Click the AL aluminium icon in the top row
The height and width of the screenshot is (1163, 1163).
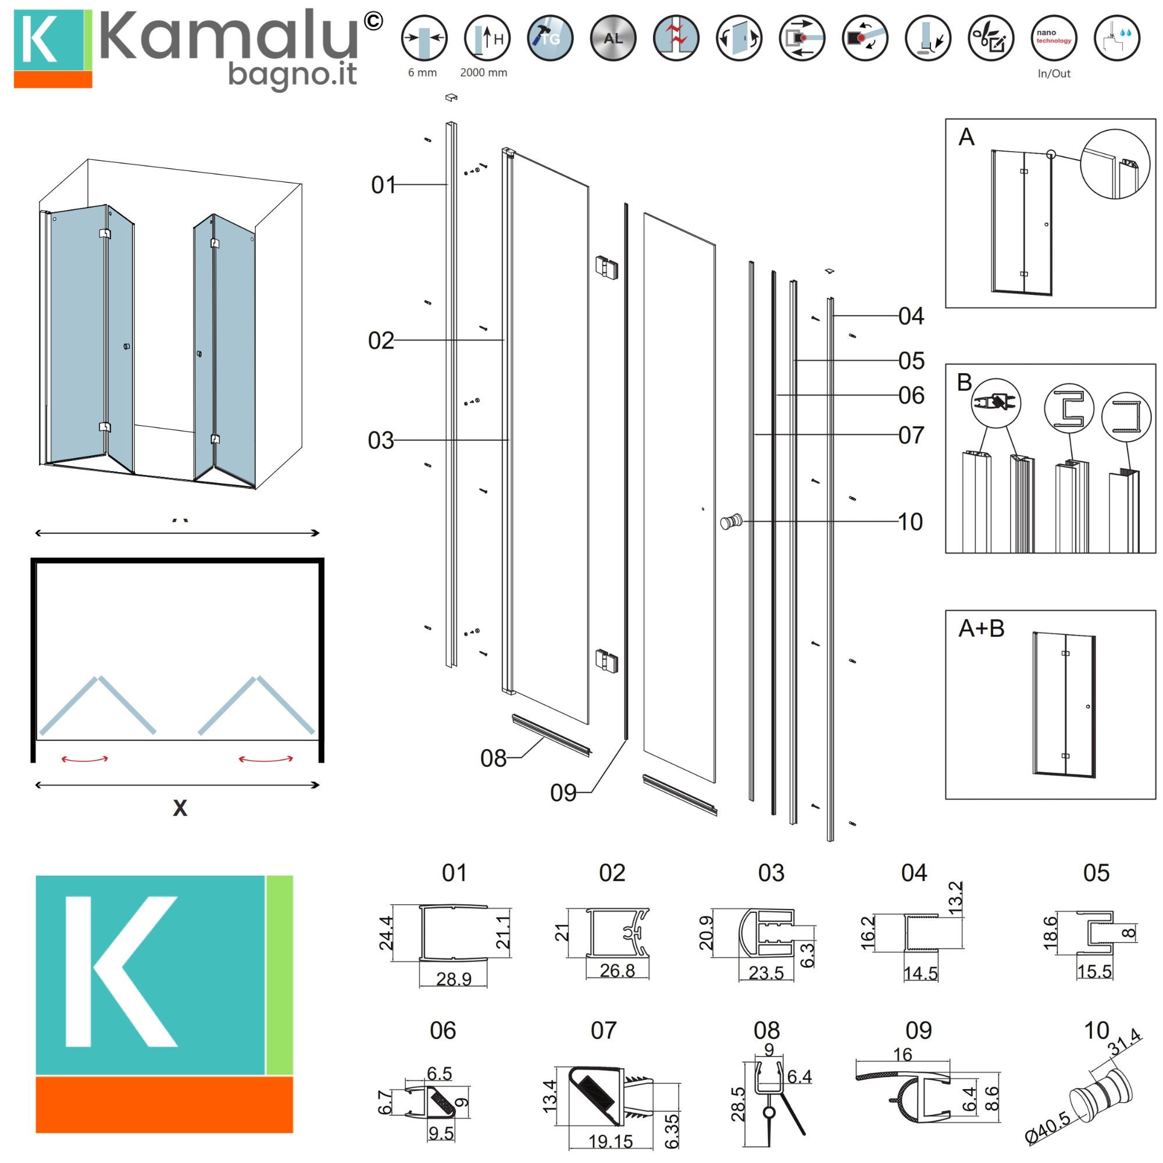pos(613,38)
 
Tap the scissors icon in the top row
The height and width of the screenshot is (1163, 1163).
pos(991,38)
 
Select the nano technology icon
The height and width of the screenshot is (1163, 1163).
pos(1054,38)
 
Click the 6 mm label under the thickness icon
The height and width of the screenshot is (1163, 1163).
pos(423,73)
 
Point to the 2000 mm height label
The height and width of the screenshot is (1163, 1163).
pos(483,73)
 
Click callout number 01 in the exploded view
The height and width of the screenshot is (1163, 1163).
pos(383,185)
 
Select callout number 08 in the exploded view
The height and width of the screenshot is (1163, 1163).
pos(493,758)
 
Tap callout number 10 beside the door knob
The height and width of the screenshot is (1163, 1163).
pos(910,522)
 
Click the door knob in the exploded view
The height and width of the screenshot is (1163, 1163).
pos(732,521)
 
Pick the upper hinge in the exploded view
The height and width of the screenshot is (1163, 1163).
pos(606,267)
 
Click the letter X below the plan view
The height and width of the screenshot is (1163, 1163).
pos(180,808)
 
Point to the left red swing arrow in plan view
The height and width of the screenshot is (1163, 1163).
pos(85,759)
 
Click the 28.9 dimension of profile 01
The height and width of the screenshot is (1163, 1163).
pos(454,979)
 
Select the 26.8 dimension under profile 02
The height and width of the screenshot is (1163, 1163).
pos(617,971)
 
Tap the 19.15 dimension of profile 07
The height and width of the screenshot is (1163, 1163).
pos(611,1141)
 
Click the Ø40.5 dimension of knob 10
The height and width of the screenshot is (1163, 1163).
pos(1048,1128)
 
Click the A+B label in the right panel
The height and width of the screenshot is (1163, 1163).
pos(981,629)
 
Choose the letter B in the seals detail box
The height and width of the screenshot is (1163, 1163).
pos(964,382)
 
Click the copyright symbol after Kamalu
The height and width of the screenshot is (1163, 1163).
pos(373,22)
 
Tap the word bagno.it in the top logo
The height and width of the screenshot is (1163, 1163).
pos(292,76)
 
